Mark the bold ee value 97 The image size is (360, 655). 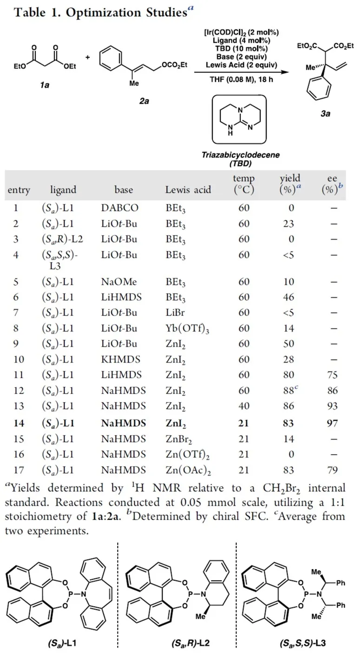(331, 423)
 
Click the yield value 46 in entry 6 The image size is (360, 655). (288, 298)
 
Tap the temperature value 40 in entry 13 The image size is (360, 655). (244, 408)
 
